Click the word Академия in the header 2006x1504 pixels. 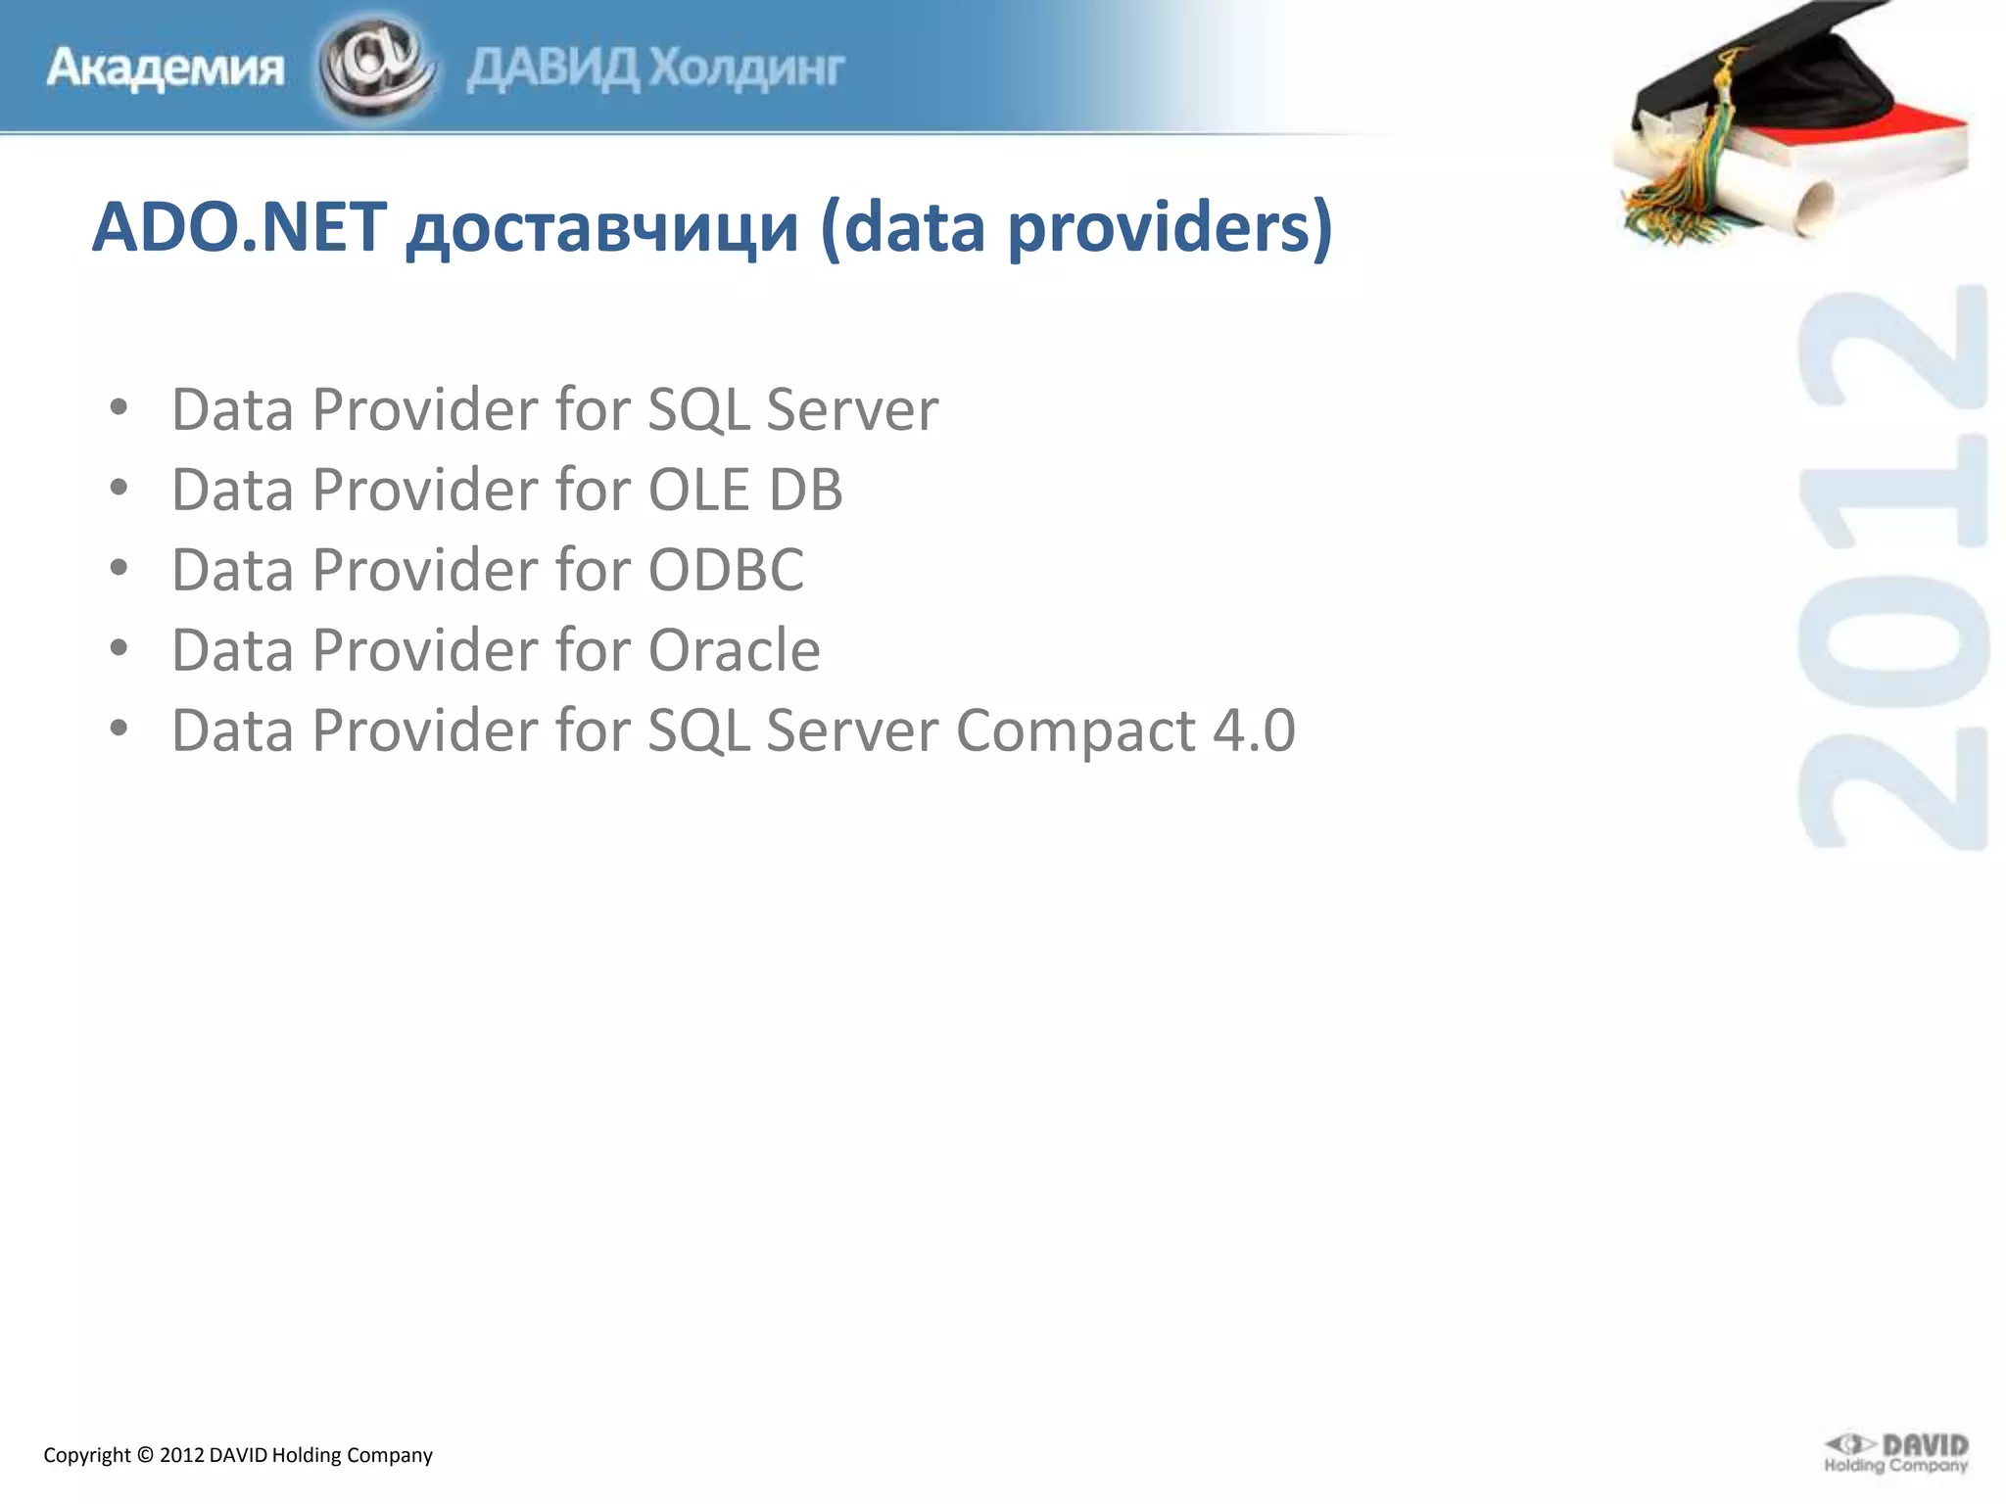click(x=165, y=69)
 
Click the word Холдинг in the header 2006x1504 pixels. click(x=746, y=69)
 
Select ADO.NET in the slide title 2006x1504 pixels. click(x=239, y=227)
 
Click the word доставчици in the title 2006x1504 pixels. click(x=602, y=229)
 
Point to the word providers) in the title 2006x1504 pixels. click(x=1170, y=229)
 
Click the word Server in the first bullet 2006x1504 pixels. click(x=852, y=409)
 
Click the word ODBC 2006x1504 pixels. click(x=726, y=570)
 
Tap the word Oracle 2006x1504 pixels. click(x=734, y=650)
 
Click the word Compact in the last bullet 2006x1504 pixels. click(x=1075, y=730)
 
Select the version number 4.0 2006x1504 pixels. click(x=1254, y=730)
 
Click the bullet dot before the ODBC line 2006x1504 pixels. click(x=119, y=568)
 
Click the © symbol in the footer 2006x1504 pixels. click(x=145, y=1455)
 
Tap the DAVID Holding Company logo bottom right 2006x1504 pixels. click(x=1895, y=1453)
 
